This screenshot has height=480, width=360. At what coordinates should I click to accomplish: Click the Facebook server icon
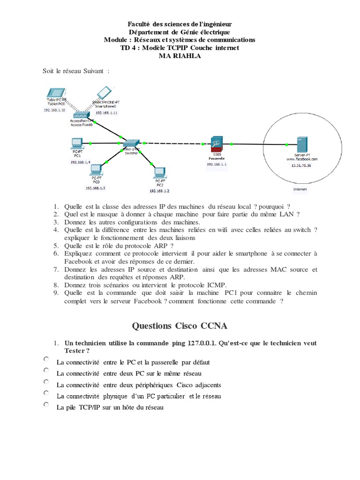(300, 144)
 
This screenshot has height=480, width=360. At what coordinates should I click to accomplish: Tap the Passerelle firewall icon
(217, 143)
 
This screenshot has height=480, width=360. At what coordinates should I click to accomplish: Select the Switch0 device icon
(131, 143)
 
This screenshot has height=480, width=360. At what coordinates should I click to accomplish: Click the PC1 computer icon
(77, 143)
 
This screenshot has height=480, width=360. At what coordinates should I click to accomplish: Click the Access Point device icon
(82, 115)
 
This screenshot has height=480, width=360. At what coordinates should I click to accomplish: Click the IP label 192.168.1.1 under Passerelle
(217, 165)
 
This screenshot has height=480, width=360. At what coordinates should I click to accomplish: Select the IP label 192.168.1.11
(106, 113)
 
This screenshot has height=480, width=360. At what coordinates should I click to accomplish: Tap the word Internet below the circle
(300, 189)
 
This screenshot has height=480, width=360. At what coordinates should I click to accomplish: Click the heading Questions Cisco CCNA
(180, 325)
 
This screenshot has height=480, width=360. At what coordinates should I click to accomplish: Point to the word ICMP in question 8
(217, 285)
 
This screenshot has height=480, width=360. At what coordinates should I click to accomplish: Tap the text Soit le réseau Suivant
(75, 71)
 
